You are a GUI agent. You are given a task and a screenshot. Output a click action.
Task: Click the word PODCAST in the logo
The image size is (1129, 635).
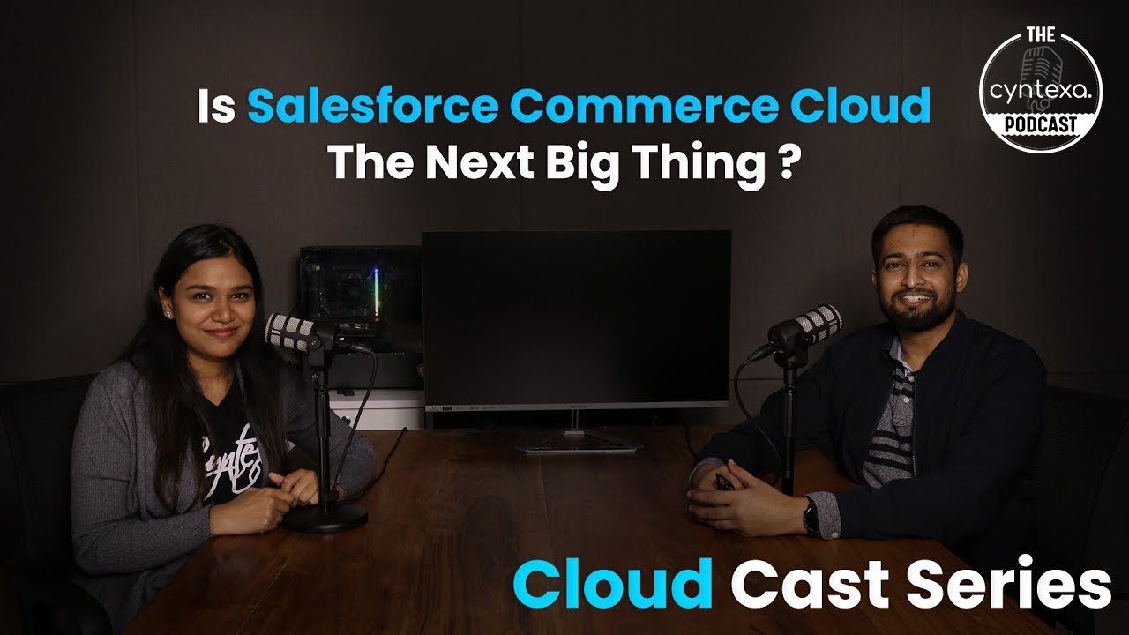[1041, 124]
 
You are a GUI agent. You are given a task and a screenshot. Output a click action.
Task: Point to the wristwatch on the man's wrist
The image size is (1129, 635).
[811, 516]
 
